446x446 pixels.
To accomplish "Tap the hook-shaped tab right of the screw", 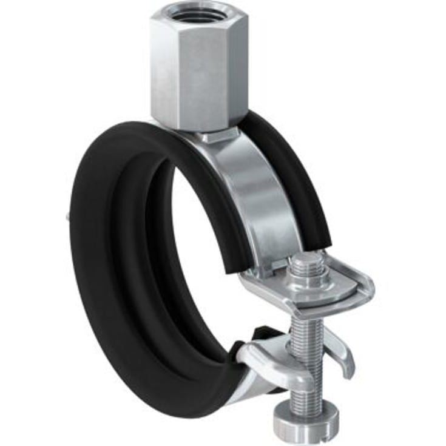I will (343, 358).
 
